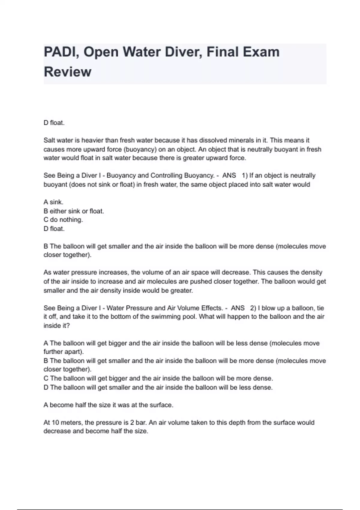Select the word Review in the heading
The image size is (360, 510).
[x=67, y=72]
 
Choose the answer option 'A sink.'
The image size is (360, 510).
[x=53, y=202]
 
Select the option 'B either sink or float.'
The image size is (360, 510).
[x=74, y=211]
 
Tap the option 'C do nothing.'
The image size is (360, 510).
[x=63, y=220]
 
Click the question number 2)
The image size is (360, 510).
[x=253, y=308]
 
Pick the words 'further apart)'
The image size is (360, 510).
[x=64, y=352]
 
